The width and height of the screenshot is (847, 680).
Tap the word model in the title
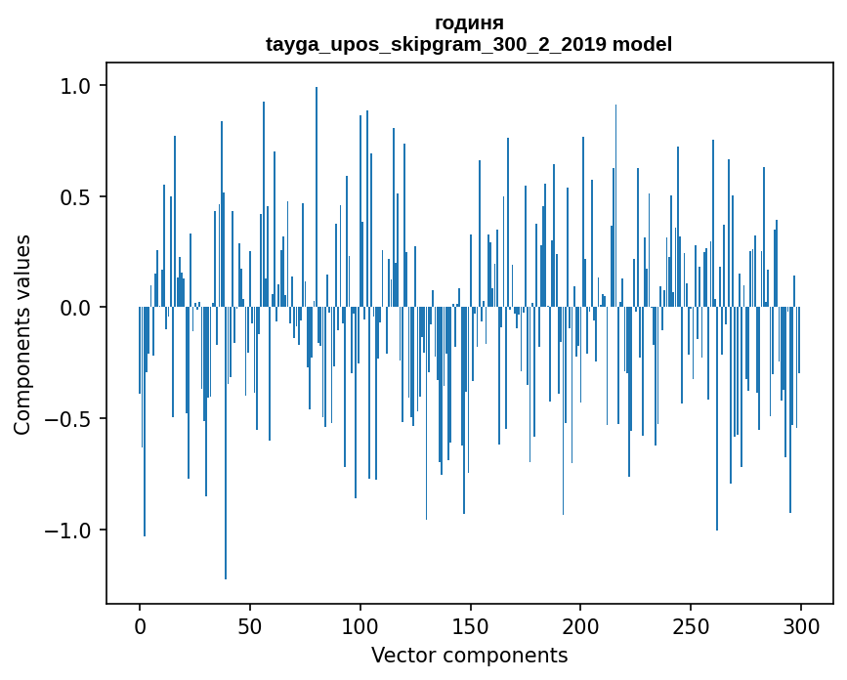pos(642,45)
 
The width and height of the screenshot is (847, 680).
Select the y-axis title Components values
pos(22,334)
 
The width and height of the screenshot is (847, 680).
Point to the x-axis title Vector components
pos(469,655)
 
